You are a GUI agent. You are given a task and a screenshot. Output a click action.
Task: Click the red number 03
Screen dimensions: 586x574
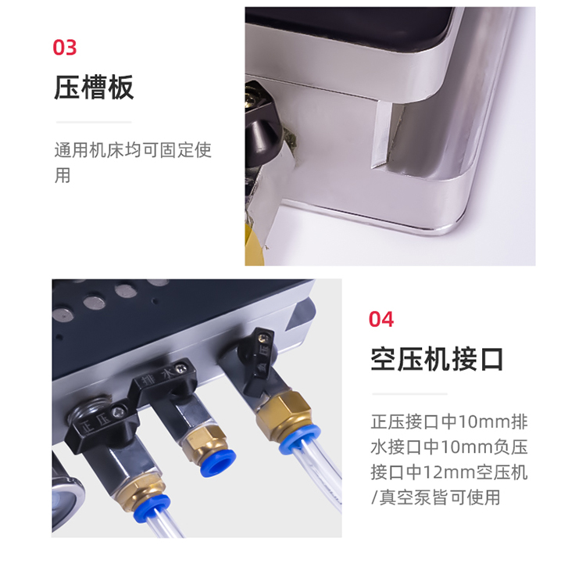65,48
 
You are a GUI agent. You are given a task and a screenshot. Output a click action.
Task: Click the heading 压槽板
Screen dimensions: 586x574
94,87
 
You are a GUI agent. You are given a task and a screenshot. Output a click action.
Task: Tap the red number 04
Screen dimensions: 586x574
381,319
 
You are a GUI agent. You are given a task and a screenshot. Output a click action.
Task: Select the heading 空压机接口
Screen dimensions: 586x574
437,359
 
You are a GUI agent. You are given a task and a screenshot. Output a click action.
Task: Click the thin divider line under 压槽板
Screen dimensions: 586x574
94,122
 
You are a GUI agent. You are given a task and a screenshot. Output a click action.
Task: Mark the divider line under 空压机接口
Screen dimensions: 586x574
409,394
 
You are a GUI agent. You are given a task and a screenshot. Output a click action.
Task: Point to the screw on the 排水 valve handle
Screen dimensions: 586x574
182,368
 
